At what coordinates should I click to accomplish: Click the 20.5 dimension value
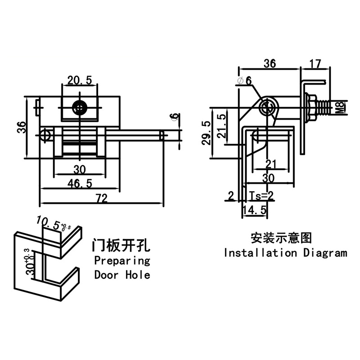tap(80, 81)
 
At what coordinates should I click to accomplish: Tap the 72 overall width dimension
tap(102, 198)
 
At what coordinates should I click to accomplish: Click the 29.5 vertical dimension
tap(206, 133)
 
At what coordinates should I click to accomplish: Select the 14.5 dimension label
tap(255, 210)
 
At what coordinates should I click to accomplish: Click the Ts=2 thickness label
tap(261, 195)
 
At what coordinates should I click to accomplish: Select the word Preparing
tap(121, 261)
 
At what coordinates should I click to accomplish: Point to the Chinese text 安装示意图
tap(281, 237)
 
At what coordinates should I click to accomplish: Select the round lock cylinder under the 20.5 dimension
tap(81, 108)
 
